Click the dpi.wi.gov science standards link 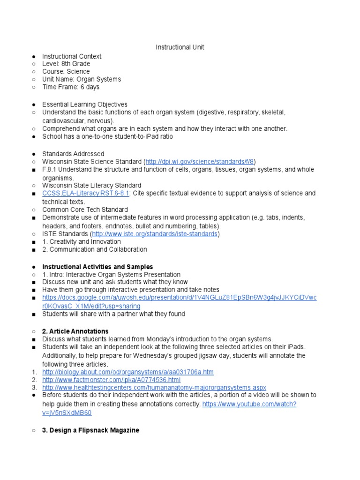click(200, 161)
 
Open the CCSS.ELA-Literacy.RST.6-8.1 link click(86, 193)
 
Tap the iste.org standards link click(155, 233)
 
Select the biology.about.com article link click(127, 372)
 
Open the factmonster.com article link click(111, 380)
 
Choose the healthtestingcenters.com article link click(154, 388)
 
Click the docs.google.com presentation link click(179, 298)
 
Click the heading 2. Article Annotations click(75, 331)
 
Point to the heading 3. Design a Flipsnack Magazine click(90, 430)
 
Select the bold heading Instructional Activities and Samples click(97, 267)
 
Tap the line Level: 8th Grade click(66, 64)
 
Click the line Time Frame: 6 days click(71, 87)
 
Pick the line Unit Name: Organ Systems click(82, 79)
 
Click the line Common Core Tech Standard click(85, 210)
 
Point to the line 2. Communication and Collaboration click(94, 249)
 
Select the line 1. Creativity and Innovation click(82, 241)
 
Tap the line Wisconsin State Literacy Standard click(91, 185)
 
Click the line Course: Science click(66, 71)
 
